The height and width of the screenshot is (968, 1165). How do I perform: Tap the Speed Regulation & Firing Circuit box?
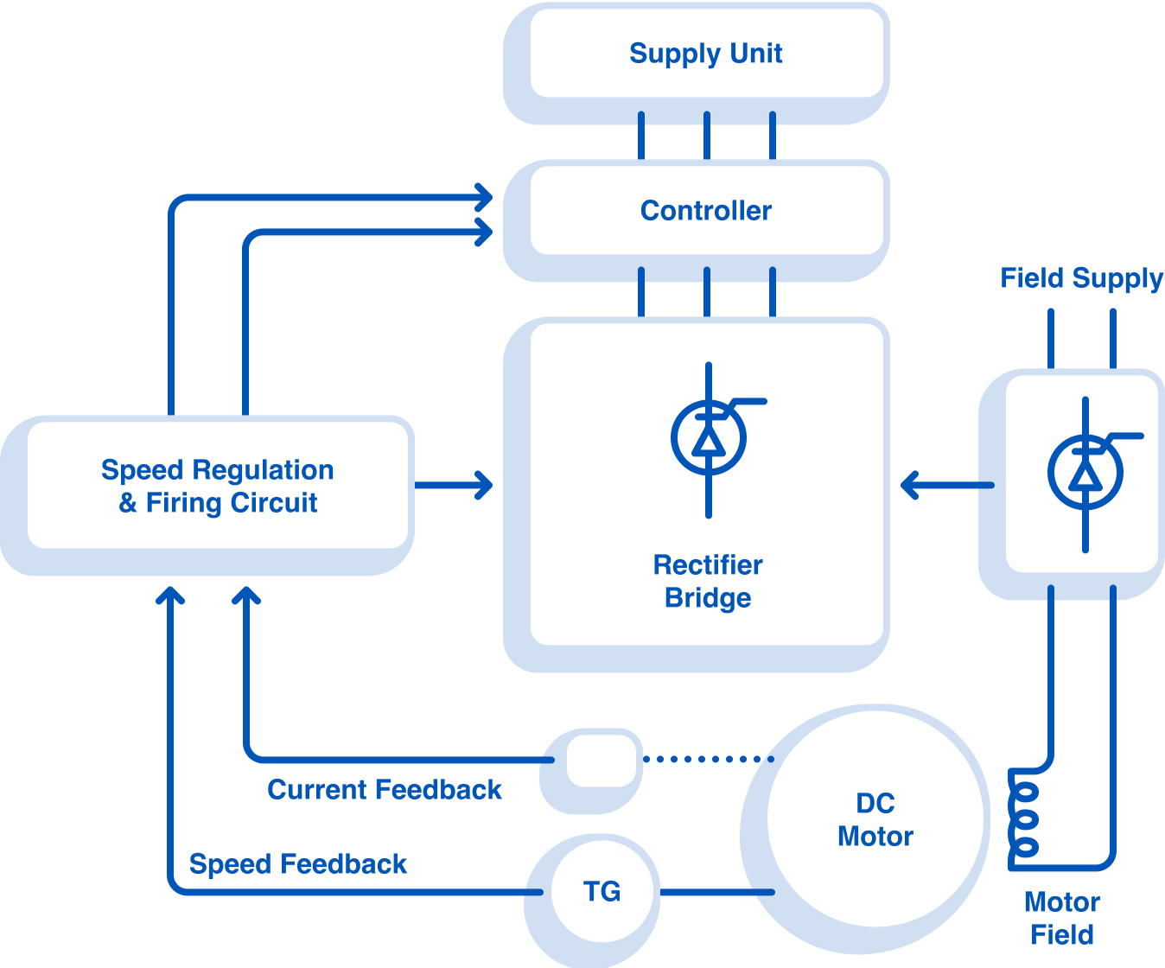click(217, 486)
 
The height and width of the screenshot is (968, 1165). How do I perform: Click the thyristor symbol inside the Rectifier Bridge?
click(709, 439)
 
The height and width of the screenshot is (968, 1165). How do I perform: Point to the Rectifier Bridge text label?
click(708, 581)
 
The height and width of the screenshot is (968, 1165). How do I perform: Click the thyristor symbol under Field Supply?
click(1085, 474)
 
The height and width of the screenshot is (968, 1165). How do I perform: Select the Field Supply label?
click(1080, 278)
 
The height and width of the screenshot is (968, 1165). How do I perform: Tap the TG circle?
click(602, 891)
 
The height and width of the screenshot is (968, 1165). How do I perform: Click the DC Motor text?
click(875, 819)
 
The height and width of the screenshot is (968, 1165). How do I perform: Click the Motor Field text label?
click(1061, 918)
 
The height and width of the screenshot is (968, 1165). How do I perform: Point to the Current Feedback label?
click(385, 789)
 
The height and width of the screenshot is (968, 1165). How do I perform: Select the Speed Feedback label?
click(298, 863)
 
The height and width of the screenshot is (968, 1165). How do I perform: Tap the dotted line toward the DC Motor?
click(709, 759)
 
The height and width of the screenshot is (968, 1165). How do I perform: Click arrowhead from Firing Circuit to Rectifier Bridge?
click(485, 485)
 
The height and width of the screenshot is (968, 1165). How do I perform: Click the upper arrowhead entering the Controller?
click(485, 197)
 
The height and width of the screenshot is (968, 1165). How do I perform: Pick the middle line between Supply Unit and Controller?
click(707, 136)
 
